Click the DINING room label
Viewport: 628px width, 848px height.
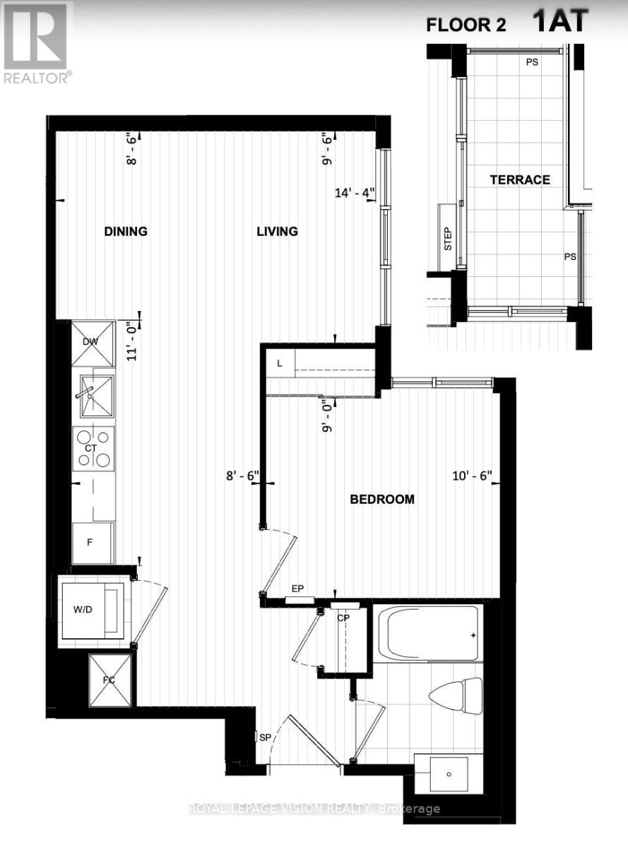click(x=126, y=232)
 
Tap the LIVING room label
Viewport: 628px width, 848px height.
click(x=277, y=232)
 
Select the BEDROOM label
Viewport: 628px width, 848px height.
click(x=382, y=500)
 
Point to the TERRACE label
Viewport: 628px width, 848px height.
click(x=520, y=180)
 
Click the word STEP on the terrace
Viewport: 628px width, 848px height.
click(x=447, y=237)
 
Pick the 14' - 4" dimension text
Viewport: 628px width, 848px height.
click(x=356, y=192)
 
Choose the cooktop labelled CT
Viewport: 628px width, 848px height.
click(x=93, y=449)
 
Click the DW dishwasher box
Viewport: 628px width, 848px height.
click(x=93, y=343)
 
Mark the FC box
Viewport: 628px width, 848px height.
click(x=109, y=680)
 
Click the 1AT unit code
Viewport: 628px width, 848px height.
click(x=560, y=21)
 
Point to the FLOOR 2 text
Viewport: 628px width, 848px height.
click(x=466, y=26)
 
